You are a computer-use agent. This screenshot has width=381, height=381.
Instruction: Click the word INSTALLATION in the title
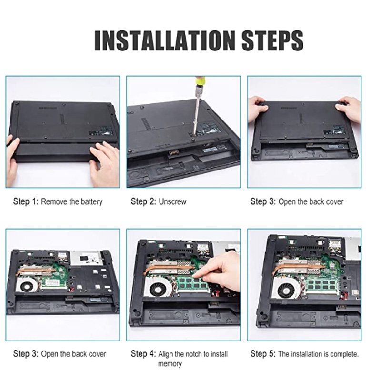164,40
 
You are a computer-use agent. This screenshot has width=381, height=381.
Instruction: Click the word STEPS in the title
272,40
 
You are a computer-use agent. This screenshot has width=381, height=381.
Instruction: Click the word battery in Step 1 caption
91,201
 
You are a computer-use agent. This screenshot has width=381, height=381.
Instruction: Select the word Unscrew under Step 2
172,201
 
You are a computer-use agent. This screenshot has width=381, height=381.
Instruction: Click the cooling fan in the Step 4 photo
158,288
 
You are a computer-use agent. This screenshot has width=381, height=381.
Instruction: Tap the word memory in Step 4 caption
170,364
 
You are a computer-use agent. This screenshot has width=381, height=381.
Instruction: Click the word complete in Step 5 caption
344,354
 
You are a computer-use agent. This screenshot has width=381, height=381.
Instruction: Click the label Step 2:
143,201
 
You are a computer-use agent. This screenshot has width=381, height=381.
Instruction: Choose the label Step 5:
263,354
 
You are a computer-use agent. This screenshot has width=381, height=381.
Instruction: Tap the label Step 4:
143,354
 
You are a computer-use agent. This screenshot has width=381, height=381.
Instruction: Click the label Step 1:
26,201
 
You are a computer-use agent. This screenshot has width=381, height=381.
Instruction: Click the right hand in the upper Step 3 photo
348,108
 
